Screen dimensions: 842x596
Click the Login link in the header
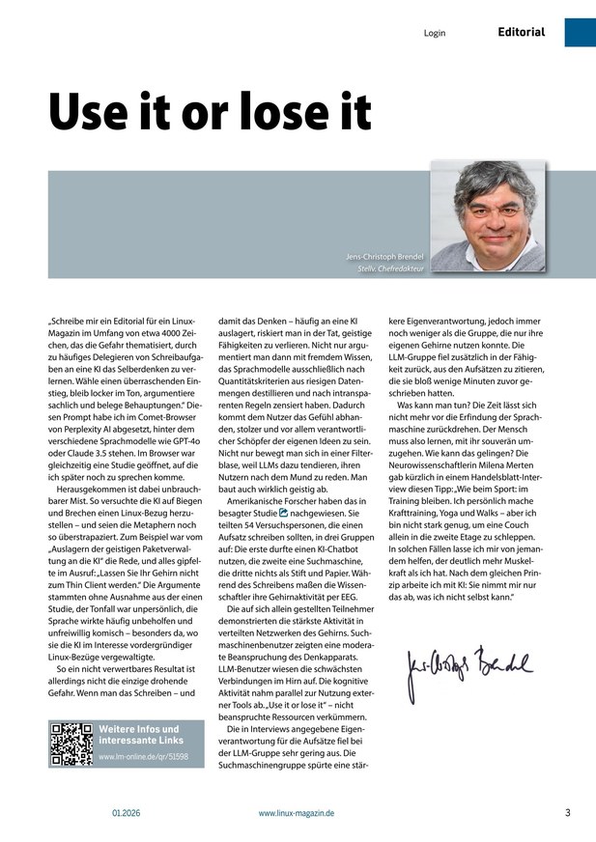tap(435, 33)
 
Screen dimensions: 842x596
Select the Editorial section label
tap(522, 32)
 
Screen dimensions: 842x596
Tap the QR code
tap(71, 744)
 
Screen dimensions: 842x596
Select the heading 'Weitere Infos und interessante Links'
tap(139, 734)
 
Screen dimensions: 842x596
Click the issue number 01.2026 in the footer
tap(126, 813)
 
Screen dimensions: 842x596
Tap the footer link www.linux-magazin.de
tap(297, 813)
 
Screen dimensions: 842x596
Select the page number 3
tap(568, 812)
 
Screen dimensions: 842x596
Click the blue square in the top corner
tap(580, 31)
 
